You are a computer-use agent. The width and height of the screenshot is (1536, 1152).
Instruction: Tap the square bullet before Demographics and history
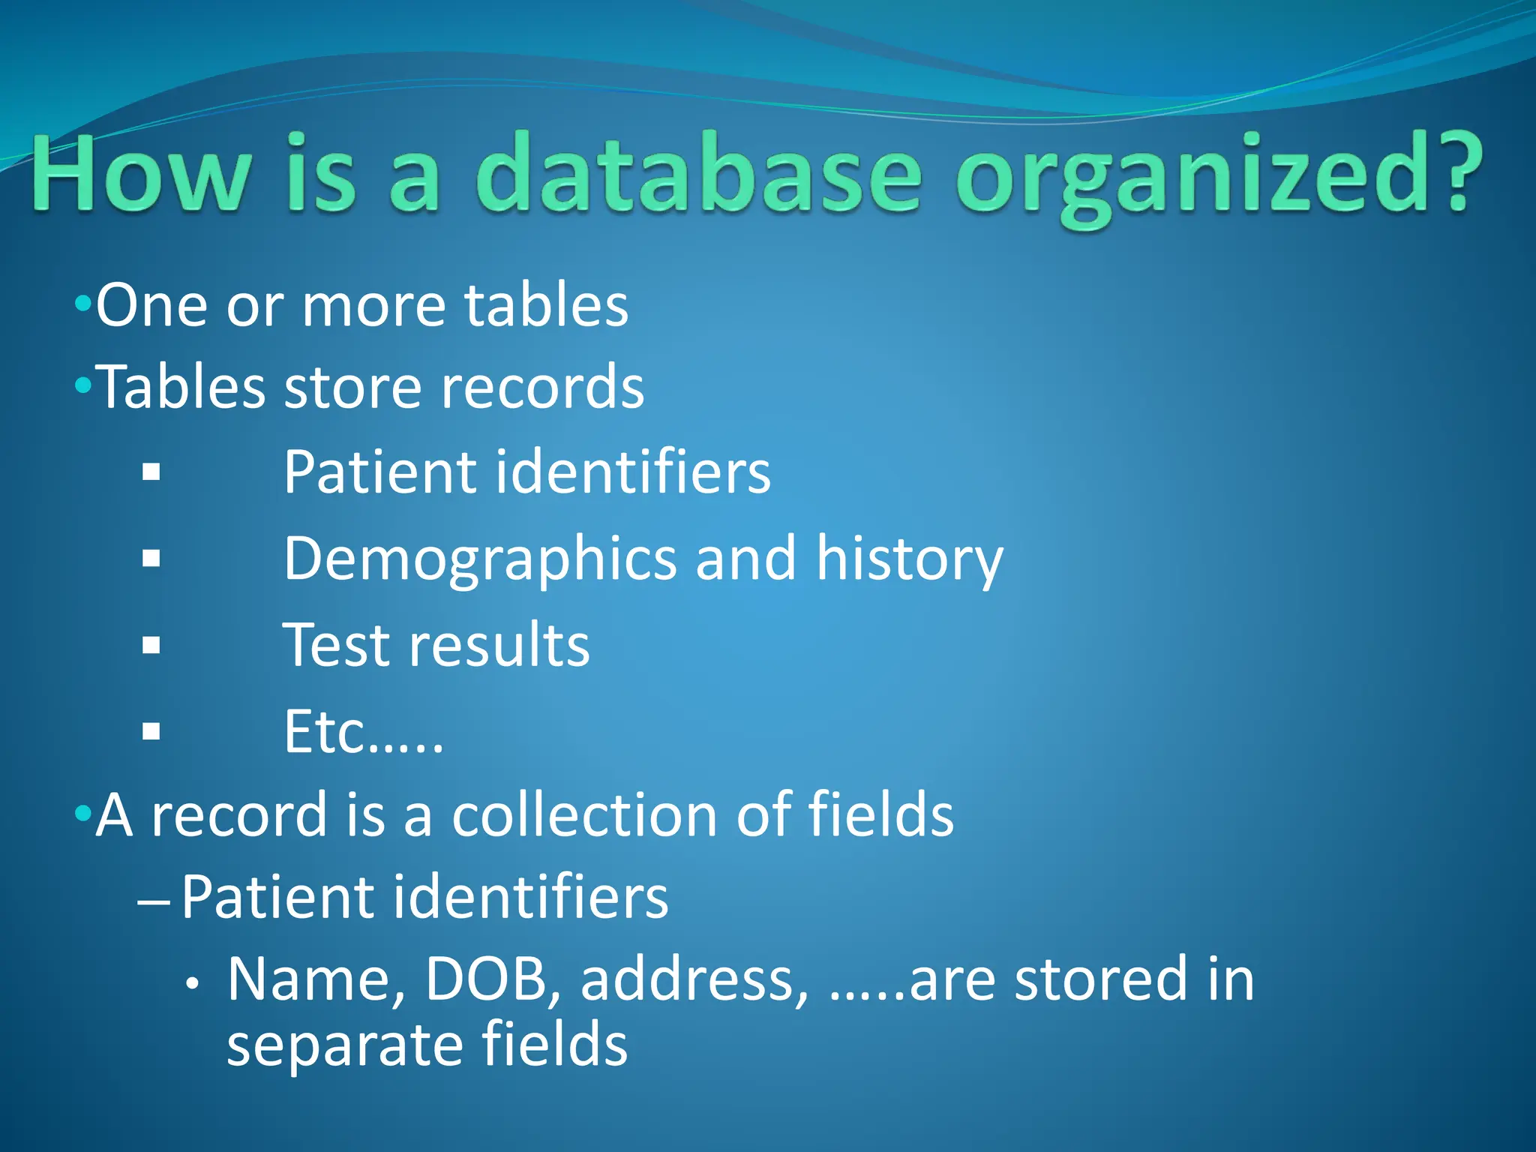point(151,559)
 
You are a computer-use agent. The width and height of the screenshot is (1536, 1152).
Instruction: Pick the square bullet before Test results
point(151,645)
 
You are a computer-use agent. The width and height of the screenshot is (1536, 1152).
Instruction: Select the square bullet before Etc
point(151,731)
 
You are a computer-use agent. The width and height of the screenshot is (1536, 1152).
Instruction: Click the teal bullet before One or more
point(82,304)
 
